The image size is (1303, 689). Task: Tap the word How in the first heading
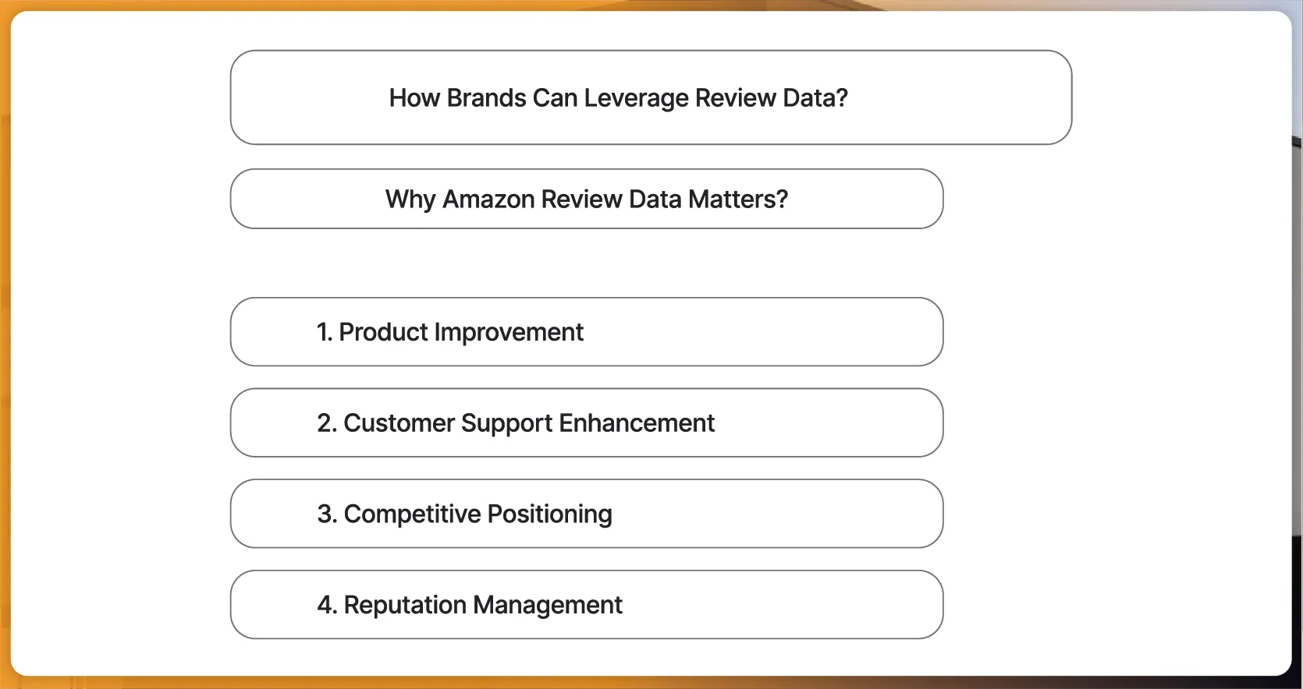[414, 98]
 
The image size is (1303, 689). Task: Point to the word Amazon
[488, 200]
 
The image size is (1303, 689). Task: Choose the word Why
[410, 200]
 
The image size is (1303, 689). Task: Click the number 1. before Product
[325, 332]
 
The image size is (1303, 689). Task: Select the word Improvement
[509, 332]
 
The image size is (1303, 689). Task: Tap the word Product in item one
[384, 332]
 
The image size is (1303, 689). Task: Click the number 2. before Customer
[327, 423]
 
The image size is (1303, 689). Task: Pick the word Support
[506, 423]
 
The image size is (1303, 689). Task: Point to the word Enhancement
[637, 423]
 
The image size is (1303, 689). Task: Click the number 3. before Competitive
[327, 514]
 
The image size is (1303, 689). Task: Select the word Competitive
[412, 514]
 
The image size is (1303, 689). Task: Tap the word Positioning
[549, 514]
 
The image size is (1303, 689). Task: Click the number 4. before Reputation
[327, 606]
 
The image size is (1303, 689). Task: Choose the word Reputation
[405, 606]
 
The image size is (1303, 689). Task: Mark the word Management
[548, 606]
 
